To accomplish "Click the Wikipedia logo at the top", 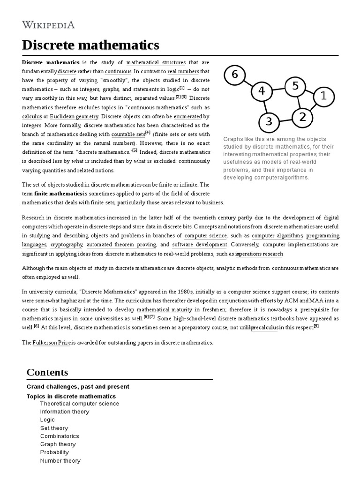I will click(48, 25).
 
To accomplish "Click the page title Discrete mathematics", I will click(90, 45).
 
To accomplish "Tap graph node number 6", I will click(235, 74).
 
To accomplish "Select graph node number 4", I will click(262, 91).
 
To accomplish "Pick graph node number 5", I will click(295, 86).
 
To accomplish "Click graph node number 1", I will click(323, 97).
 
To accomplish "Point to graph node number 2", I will click(302, 117).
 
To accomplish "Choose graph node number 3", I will click(269, 122).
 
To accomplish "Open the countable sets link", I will click(128, 134).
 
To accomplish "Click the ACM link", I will click(291, 300).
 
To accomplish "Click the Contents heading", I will click(47, 372).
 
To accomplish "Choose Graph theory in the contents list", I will click(58, 444).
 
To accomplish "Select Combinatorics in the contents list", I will click(60, 436).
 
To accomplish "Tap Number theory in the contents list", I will click(60, 461).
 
